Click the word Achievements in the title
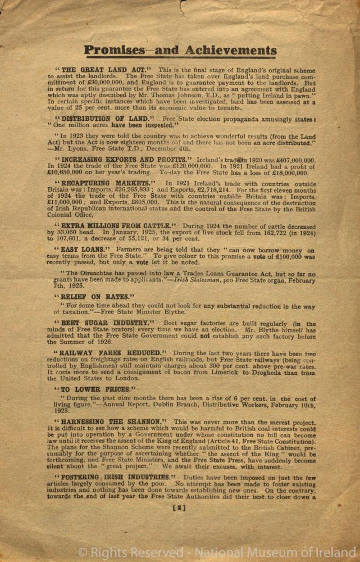pyautogui.click(x=227, y=51)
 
